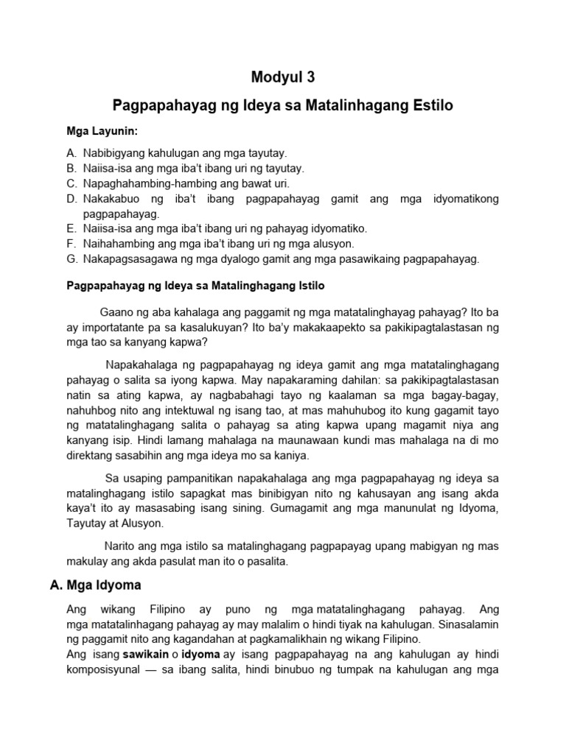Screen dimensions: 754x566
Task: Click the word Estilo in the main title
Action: point(427,106)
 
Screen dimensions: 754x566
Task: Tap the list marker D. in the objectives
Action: point(71,200)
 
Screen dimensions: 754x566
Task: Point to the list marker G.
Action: point(71,258)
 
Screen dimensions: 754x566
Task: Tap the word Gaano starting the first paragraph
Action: point(116,310)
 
